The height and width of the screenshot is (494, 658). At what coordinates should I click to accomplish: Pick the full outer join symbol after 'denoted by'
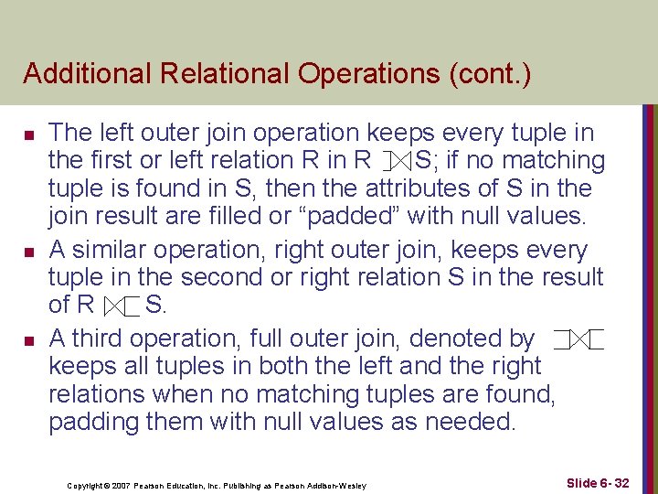click(579, 340)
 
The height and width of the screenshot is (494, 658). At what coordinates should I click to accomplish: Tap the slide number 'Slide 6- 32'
click(598, 482)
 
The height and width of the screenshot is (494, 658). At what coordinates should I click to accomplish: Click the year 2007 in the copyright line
click(122, 485)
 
